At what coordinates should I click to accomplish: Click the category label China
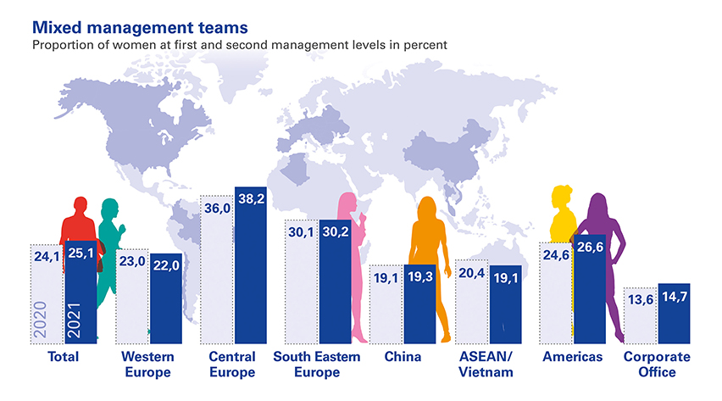403,357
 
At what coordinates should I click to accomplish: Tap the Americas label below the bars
573,357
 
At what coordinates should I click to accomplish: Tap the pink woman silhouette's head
347,203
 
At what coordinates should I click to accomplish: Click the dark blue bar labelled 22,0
165,305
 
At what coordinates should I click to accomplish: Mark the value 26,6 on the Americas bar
589,248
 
